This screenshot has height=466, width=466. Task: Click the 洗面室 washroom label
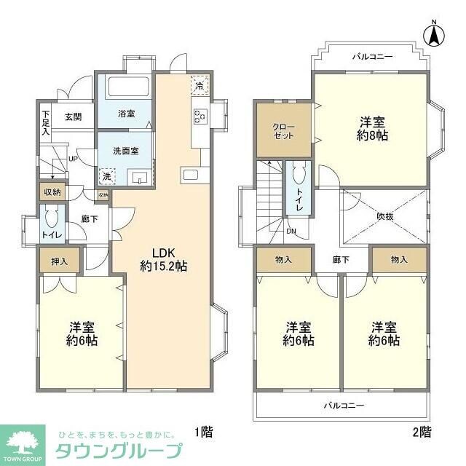tap(125, 151)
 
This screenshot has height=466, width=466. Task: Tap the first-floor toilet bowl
tap(50, 218)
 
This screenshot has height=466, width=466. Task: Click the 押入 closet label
tap(60, 262)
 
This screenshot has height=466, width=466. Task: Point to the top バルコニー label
tap(372, 56)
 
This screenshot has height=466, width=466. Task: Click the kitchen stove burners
tap(200, 115)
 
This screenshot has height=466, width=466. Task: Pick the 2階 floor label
tap(422, 432)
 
